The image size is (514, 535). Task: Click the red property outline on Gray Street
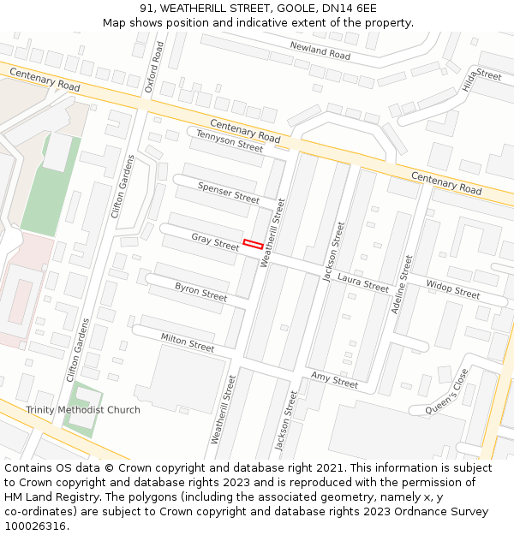252,243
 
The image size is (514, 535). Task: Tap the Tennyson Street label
229,140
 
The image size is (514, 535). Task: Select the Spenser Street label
228,192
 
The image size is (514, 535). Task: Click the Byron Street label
201,291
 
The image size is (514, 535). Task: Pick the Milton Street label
188,342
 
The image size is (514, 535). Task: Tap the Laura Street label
363,282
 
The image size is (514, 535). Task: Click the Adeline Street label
402,284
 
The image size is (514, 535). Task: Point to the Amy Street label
334,380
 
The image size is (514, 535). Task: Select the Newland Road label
320,51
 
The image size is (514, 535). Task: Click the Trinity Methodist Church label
83,410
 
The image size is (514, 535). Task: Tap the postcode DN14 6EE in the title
348,8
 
